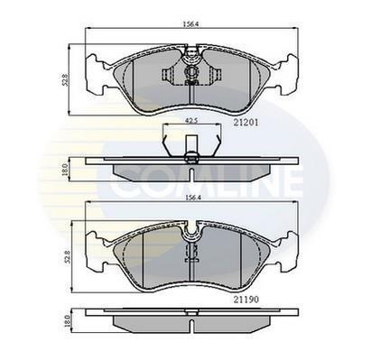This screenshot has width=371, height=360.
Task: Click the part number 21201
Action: pos(246,123)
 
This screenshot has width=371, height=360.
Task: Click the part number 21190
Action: pos(246,300)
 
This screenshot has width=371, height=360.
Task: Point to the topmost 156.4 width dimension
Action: pos(191,24)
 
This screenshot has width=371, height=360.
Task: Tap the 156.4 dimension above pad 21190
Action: pos(192,198)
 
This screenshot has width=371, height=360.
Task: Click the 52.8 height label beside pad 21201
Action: pos(66,79)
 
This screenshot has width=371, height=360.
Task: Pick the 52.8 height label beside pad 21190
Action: pos(68,256)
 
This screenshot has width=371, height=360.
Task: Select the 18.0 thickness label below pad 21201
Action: pos(64,170)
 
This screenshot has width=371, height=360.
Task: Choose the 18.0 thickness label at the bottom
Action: pos(68,321)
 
